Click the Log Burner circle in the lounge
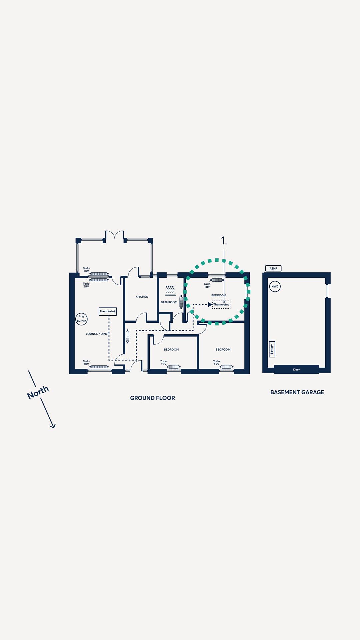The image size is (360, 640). pos(81,319)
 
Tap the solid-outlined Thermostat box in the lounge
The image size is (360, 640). pos(108,311)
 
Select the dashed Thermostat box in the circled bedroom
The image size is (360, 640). pos(221,305)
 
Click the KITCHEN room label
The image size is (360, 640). pos(142,297)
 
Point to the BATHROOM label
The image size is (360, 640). pos(169,302)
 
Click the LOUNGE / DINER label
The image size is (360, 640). pos(98,334)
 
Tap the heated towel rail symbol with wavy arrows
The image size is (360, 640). pos(170,290)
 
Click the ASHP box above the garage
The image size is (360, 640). pos(273,268)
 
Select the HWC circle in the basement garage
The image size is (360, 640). pos(275,286)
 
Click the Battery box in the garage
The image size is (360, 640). pos(272,349)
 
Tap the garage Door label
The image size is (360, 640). pos(296,369)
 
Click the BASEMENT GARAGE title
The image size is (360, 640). pos(297,392)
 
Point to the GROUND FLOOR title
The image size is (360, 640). pos(152,398)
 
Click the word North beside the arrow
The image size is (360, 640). pos(38,392)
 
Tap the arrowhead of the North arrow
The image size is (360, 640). pos(53,426)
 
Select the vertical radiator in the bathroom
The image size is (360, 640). pos(181,302)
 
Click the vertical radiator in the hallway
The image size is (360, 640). pos(127,336)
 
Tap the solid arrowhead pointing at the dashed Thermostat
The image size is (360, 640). pos(210,305)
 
